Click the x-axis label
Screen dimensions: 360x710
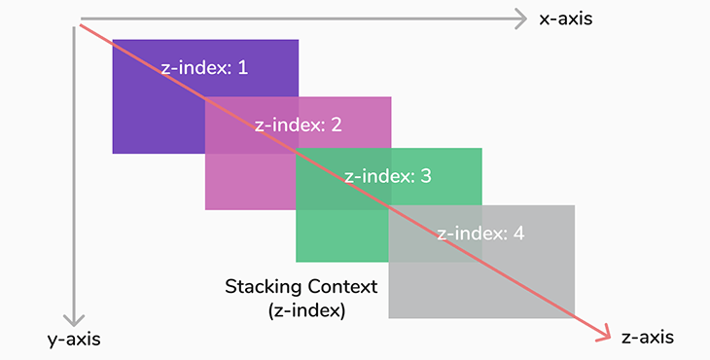point(565,18)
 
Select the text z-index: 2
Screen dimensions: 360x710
point(298,125)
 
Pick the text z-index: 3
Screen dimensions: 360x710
point(389,177)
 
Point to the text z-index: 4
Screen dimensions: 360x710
point(481,234)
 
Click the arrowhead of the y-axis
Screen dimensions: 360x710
point(72,318)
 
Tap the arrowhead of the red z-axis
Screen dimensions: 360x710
point(605,333)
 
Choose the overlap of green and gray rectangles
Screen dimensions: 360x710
point(435,233)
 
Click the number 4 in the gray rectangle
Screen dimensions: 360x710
point(519,234)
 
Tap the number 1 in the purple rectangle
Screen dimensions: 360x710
point(243,68)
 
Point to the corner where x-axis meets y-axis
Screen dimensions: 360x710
point(73,18)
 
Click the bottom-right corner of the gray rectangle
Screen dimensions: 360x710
point(574,318)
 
